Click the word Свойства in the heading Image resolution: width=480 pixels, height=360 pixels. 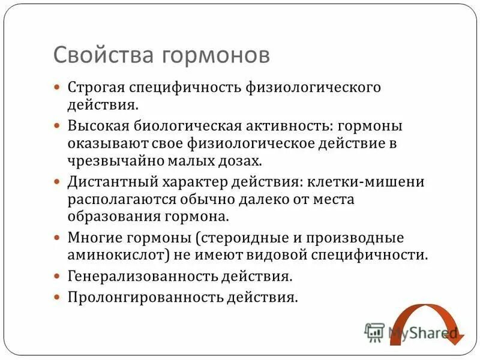click(x=104, y=55)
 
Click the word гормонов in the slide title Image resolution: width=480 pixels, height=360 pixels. click(x=217, y=55)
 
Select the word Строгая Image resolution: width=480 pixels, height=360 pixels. click(x=96, y=88)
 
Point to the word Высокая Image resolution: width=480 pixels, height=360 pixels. click(x=98, y=127)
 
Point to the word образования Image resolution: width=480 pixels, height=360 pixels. click(x=116, y=215)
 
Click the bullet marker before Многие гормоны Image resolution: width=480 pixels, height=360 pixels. click(x=58, y=238)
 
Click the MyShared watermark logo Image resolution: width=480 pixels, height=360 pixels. click(x=411, y=332)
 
